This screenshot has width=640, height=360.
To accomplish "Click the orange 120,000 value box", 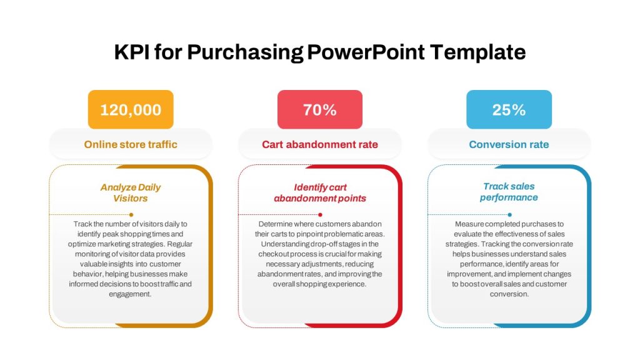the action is (x=131, y=109).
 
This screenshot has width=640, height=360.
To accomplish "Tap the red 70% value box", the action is (x=320, y=109).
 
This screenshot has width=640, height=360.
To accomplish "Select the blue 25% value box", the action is (x=509, y=109).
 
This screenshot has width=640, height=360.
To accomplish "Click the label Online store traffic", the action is (x=131, y=144).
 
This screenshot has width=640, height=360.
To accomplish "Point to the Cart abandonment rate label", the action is (x=320, y=144).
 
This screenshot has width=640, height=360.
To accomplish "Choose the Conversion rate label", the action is (x=509, y=144).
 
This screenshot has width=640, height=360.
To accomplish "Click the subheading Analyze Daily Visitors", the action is (x=131, y=192).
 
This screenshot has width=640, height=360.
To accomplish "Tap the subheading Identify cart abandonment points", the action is (x=320, y=192).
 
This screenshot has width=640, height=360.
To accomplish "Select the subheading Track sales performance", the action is (x=509, y=192).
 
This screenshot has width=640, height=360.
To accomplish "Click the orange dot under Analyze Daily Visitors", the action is (x=131, y=215).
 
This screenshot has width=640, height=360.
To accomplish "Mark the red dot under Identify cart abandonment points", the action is (x=321, y=215).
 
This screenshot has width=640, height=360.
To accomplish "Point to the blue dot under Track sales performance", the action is (x=510, y=215).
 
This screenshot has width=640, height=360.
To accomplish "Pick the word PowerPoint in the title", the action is (x=366, y=52).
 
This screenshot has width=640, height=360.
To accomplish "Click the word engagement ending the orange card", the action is (x=130, y=294).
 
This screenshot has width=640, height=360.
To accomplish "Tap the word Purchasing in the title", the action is (x=245, y=52).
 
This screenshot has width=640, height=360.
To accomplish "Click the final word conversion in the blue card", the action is (x=509, y=294).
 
